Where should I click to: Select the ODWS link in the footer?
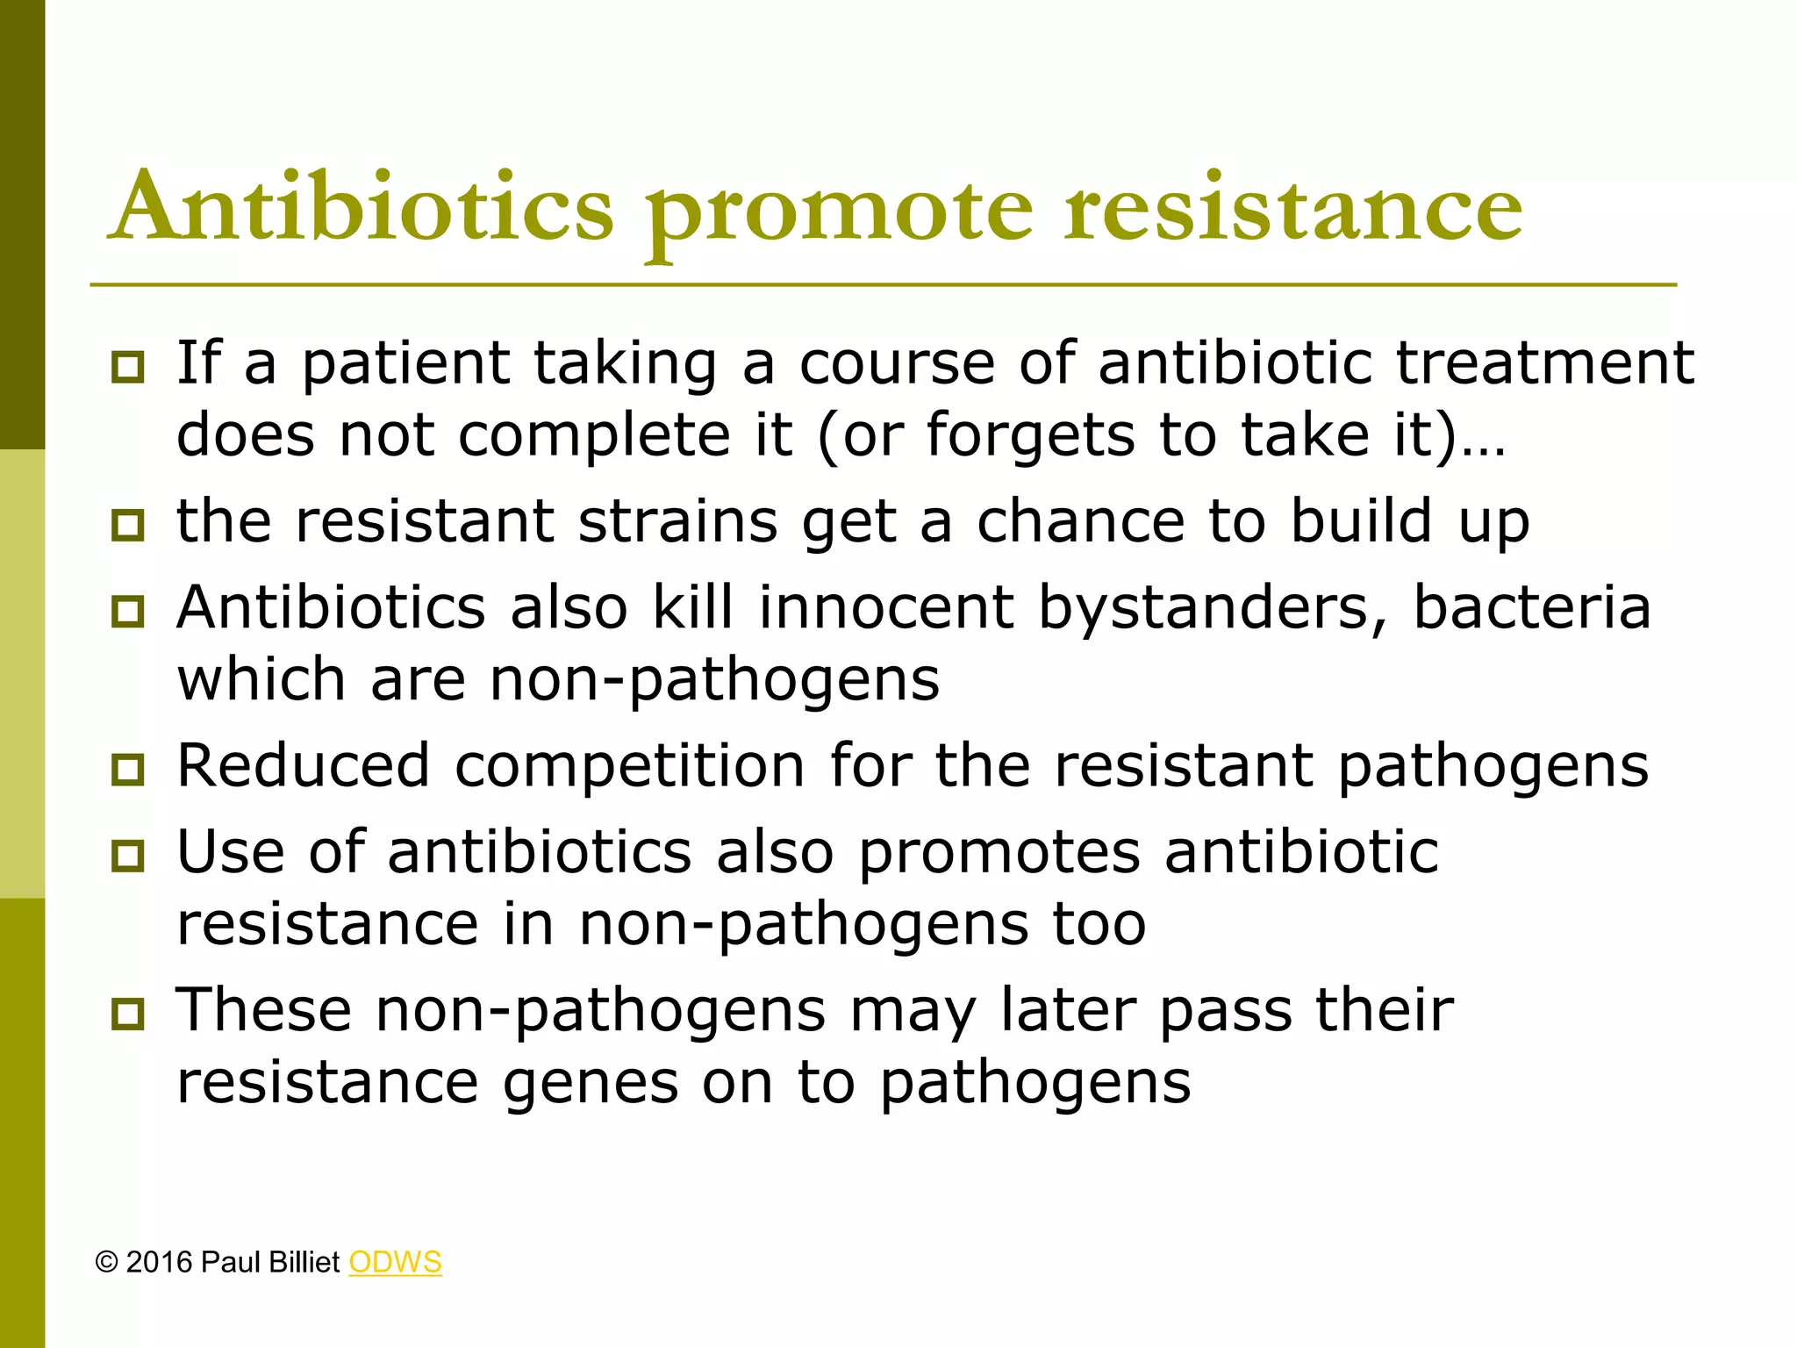[x=395, y=1262]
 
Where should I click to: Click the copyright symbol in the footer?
[x=106, y=1263]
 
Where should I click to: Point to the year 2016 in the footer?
[x=159, y=1262]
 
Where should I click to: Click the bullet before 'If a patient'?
[x=128, y=367]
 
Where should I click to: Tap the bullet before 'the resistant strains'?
[x=128, y=525]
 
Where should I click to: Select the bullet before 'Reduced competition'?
[x=128, y=770]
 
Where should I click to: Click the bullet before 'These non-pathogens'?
[x=128, y=1015]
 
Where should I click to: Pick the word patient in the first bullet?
[x=406, y=363]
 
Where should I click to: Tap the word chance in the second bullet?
[x=1081, y=521]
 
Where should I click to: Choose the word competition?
[x=629, y=767]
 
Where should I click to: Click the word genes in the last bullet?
[x=590, y=1084]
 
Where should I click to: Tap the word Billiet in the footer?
[x=304, y=1262]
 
